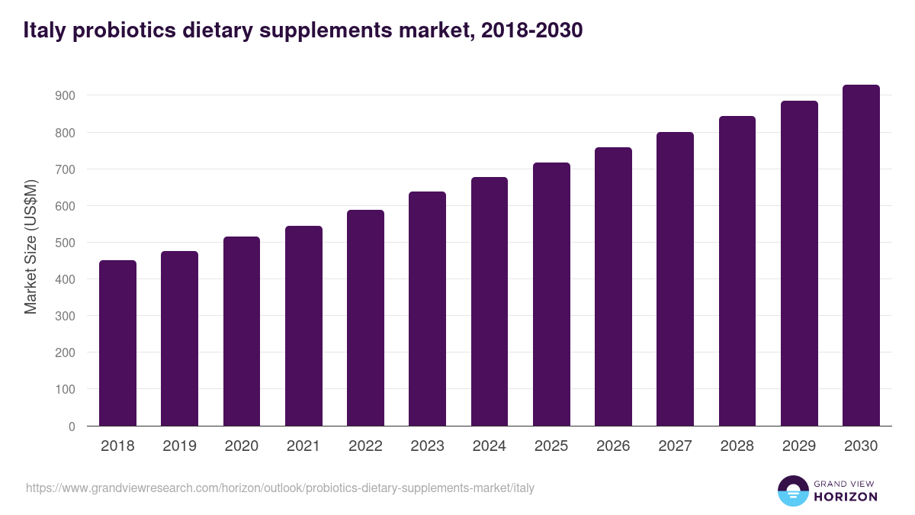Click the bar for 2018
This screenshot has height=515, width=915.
coord(117,343)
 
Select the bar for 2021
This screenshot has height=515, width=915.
coord(303,326)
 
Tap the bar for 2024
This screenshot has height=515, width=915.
coord(489,301)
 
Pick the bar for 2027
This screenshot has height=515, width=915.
coord(675,279)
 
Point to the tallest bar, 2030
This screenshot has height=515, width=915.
coord(861,256)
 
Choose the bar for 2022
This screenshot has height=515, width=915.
coord(365,318)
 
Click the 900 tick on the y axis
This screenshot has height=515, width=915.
coord(65,95)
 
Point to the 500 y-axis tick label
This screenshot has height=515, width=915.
coord(65,243)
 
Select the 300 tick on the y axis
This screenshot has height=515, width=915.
coord(65,316)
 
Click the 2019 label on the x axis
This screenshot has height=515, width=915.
coord(179,446)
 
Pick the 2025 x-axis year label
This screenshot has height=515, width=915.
coord(551,446)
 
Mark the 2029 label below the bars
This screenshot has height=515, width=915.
coord(798,446)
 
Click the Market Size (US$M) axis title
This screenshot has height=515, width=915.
coord(30,246)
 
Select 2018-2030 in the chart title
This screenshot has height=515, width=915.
coord(534,31)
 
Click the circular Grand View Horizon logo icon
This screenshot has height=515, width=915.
coord(792,491)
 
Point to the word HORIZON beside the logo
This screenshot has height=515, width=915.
coord(846,497)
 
